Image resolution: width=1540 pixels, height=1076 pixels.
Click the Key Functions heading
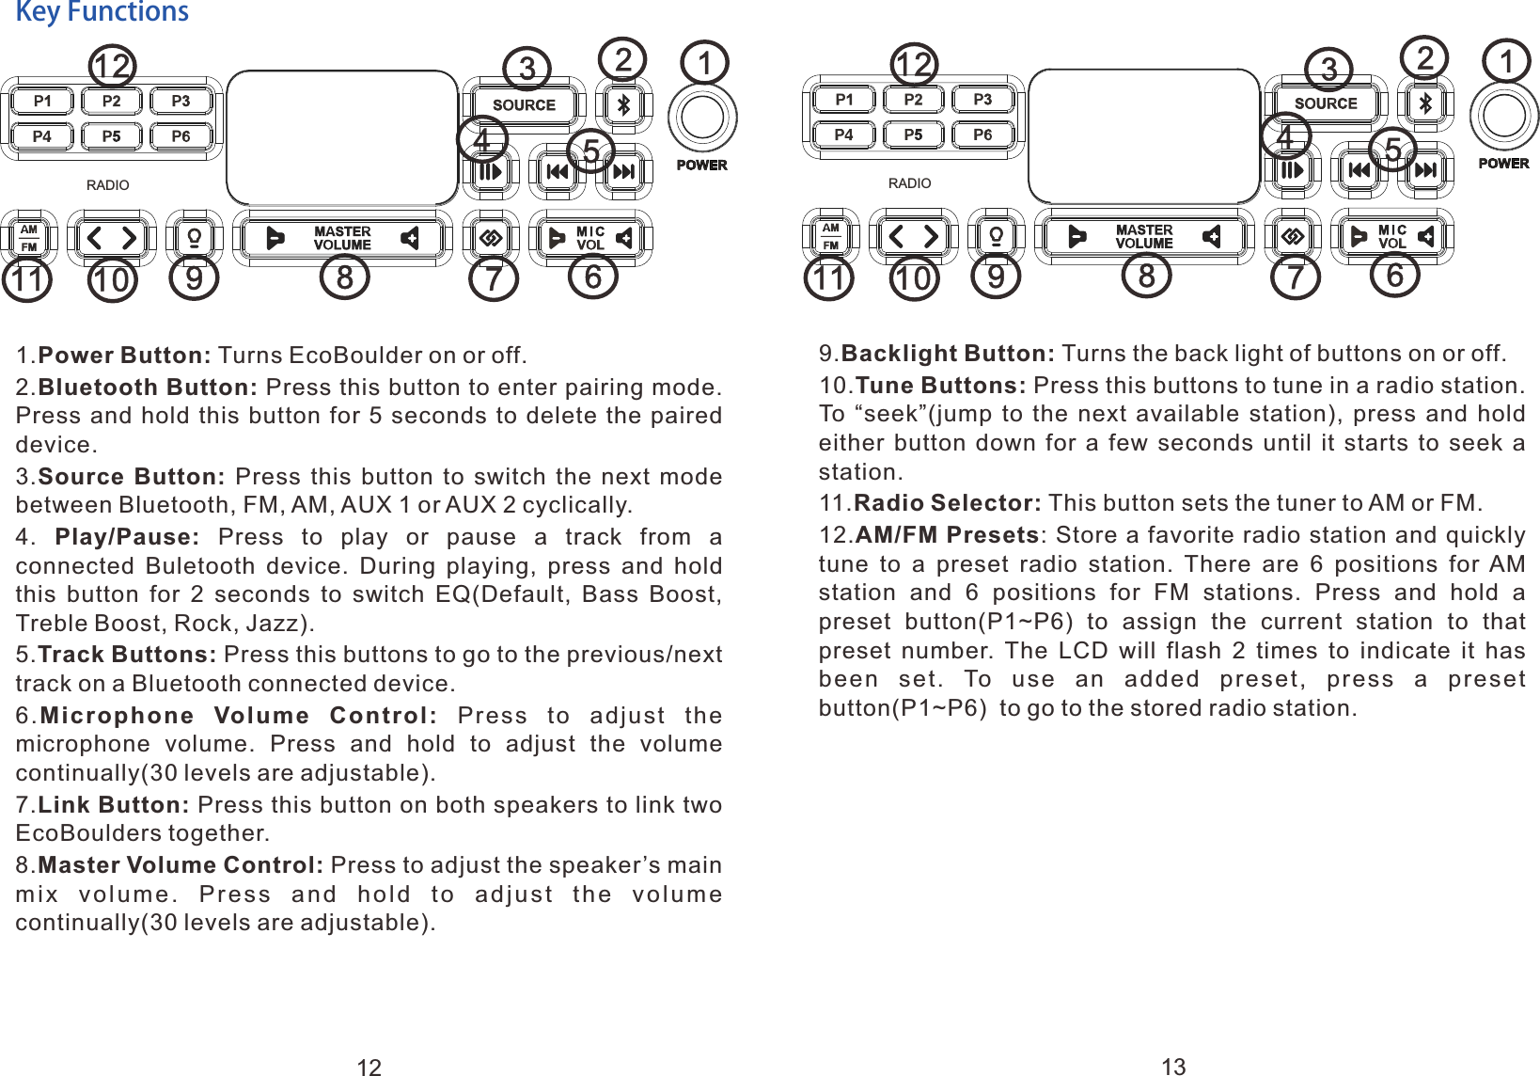pyautogui.click(x=102, y=12)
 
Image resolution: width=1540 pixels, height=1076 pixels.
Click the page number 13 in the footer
pyautogui.click(x=1173, y=1067)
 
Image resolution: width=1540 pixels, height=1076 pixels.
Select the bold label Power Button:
pyautogui.click(x=125, y=356)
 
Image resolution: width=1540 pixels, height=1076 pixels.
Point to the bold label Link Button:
pyautogui.click(x=114, y=805)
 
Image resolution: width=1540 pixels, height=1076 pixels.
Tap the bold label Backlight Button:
pyautogui.click(x=948, y=354)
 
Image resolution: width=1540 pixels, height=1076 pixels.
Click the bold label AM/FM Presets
pyautogui.click(x=947, y=535)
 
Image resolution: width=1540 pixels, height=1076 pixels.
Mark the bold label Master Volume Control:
pyautogui.click(x=181, y=865)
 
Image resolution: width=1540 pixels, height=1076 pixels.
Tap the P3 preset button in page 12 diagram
pyautogui.click(x=181, y=101)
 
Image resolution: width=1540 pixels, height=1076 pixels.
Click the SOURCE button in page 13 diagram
pyautogui.click(x=1326, y=103)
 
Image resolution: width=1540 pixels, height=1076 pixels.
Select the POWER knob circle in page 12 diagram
pyautogui.click(x=702, y=118)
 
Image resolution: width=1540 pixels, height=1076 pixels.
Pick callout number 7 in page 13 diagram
pyautogui.click(x=1296, y=277)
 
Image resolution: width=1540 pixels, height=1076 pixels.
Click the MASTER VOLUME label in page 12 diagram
pyautogui.click(x=342, y=238)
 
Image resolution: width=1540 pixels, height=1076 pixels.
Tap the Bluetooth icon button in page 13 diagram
pyautogui.click(x=1425, y=103)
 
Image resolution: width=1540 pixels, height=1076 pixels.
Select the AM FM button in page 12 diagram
pyautogui.click(x=29, y=238)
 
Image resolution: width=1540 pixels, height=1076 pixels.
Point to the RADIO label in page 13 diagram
pyautogui.click(x=909, y=183)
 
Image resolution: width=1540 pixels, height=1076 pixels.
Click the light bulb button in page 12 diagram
pyautogui.click(x=195, y=238)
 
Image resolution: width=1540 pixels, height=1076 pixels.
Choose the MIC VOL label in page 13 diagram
pyautogui.click(x=1392, y=236)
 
